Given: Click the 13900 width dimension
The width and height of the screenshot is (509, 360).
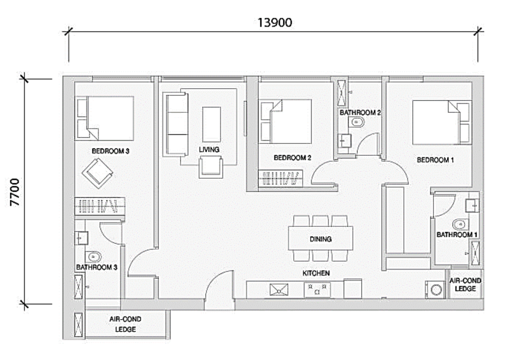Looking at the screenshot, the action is (275, 23).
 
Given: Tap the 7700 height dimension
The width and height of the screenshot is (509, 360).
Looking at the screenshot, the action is (15, 192).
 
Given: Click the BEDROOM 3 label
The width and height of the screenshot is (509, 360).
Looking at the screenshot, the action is (110, 151).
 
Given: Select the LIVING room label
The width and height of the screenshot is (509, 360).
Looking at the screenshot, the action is (209, 150).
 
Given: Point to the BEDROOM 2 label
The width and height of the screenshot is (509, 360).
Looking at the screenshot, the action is (292, 157).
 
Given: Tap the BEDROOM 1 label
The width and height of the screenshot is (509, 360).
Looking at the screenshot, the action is (435, 160).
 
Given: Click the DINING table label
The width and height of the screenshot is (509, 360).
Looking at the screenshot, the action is (321, 239).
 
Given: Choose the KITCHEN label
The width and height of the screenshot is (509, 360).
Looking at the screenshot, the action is (316, 273).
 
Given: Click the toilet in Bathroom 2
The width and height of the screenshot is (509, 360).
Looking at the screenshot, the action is (356, 122).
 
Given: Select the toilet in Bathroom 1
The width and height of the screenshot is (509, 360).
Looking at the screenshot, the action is (460, 225).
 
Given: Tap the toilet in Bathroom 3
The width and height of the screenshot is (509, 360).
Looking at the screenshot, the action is (93, 257).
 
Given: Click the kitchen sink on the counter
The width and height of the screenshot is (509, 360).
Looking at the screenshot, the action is (279, 290).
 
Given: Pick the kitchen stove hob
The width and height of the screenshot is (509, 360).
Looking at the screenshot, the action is (317, 290).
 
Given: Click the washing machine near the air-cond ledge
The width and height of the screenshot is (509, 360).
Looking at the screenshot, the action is (435, 290).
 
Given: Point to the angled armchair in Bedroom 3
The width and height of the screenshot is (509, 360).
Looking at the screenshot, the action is (97, 173).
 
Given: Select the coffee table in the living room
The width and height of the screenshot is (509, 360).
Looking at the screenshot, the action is (211, 124).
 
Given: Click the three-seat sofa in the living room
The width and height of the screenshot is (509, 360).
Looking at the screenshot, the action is (176, 124).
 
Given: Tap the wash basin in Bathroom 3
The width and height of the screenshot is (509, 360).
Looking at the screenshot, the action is (82, 238).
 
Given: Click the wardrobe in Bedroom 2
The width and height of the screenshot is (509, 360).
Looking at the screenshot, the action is (281, 178).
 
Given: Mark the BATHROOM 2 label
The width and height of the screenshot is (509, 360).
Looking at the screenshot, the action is (360, 112).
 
